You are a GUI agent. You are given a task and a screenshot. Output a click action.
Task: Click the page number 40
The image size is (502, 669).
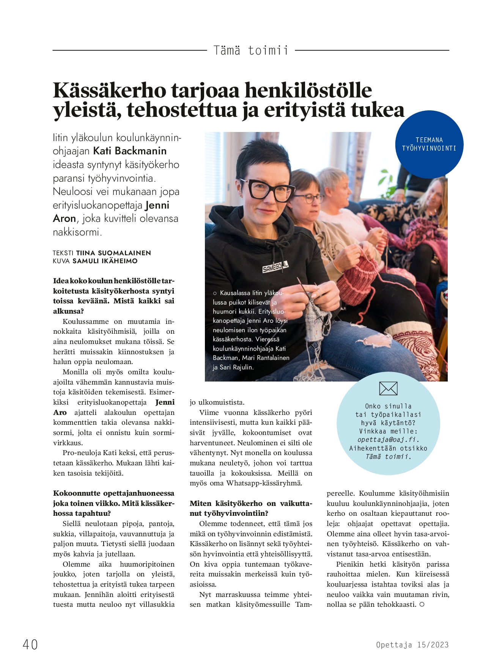30,644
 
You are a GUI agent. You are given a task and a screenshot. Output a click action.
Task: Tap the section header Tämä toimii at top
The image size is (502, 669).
251,50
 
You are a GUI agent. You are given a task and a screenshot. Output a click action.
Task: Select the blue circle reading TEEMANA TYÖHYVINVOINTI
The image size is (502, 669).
429,144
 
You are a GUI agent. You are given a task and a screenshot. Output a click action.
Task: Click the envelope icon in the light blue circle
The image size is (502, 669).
388,389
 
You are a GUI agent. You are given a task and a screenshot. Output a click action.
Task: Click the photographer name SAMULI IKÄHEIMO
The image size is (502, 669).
105,261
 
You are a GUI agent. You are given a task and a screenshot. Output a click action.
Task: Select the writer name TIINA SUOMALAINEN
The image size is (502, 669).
113,253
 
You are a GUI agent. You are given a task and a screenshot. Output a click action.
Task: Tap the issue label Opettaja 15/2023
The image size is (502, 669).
412,645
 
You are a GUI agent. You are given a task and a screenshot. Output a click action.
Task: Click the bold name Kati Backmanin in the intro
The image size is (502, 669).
130,151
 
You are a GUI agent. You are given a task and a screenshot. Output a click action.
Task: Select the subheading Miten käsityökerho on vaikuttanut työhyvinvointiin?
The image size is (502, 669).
250,508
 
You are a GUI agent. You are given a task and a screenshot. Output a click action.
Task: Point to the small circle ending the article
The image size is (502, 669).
422,605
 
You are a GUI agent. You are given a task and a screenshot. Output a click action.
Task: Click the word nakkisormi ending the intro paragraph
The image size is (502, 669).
76,232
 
